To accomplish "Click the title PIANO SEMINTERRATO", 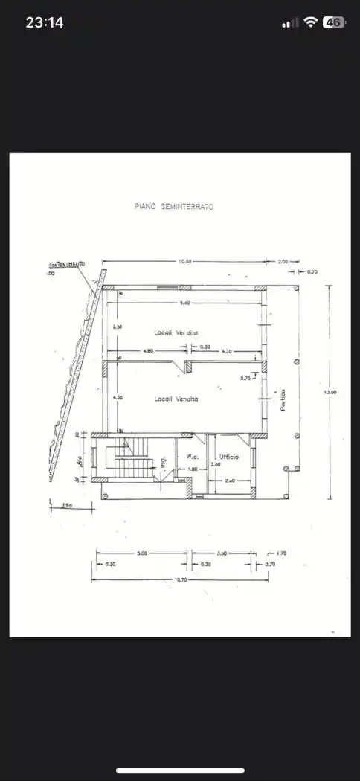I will pyautogui.click(x=173, y=207).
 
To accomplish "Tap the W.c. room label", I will pyautogui.click(x=191, y=457).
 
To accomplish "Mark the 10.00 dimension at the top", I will pyautogui.click(x=184, y=261).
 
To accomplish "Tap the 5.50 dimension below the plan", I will pyautogui.click(x=141, y=553).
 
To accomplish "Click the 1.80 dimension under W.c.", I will pyautogui.click(x=192, y=469).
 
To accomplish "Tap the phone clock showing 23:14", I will pyautogui.click(x=45, y=22).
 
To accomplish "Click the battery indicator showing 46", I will pyautogui.click(x=333, y=22).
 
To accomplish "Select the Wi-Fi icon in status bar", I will pyautogui.click(x=309, y=22).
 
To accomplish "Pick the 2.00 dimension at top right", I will pyautogui.click(x=282, y=261).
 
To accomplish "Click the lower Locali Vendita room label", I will pyautogui.click(x=176, y=399).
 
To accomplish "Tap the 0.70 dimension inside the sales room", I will pyautogui.click(x=245, y=379).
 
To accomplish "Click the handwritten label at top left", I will pyautogui.click(x=66, y=264).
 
